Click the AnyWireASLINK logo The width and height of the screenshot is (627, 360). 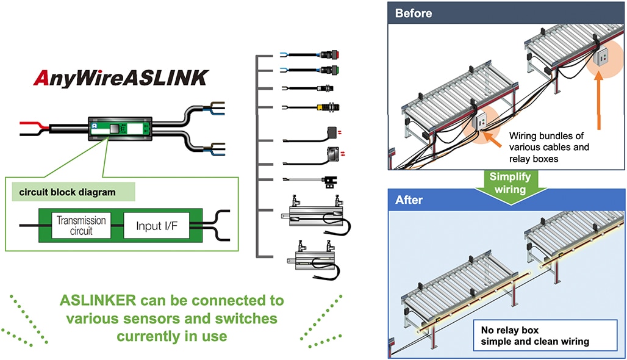121,78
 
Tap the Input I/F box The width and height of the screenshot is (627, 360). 157,226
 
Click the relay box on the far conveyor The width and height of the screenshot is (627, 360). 600,57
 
